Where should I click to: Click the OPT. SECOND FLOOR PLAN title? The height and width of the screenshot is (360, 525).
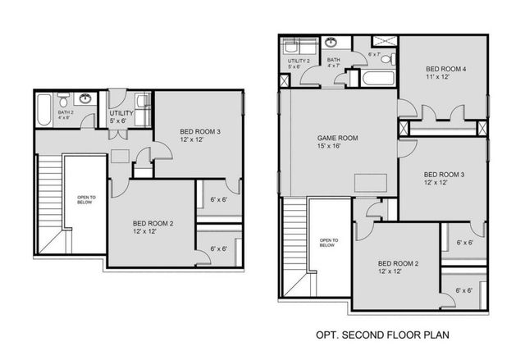click(381, 335)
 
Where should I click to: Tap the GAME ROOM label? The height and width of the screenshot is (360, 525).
click(338, 138)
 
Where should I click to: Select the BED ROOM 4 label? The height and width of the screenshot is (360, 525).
click(447, 69)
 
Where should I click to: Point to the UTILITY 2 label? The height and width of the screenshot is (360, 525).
click(298, 61)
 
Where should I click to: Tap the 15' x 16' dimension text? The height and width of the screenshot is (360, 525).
click(338, 147)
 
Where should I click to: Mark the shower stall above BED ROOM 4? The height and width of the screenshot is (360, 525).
click(382, 40)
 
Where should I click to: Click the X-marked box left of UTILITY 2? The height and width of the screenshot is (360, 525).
click(284, 80)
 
